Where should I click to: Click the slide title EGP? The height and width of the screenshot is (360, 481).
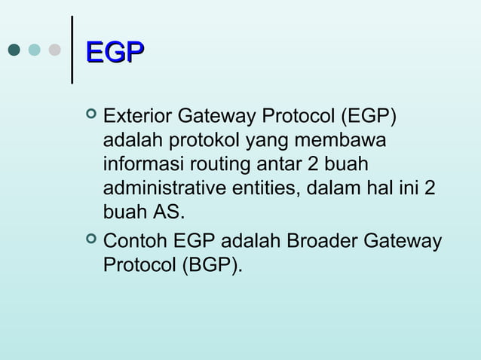pos(115,52)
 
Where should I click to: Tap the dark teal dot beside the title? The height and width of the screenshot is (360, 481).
pos(14,50)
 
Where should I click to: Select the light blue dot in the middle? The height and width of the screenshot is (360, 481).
pos(34,50)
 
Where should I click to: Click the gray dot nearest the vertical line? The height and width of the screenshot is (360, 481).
pos(54,50)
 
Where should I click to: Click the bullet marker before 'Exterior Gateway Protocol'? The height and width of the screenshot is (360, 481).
pos(91,116)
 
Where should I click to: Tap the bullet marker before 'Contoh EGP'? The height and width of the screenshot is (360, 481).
pos(91,240)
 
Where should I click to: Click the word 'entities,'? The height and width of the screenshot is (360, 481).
pos(268,188)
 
